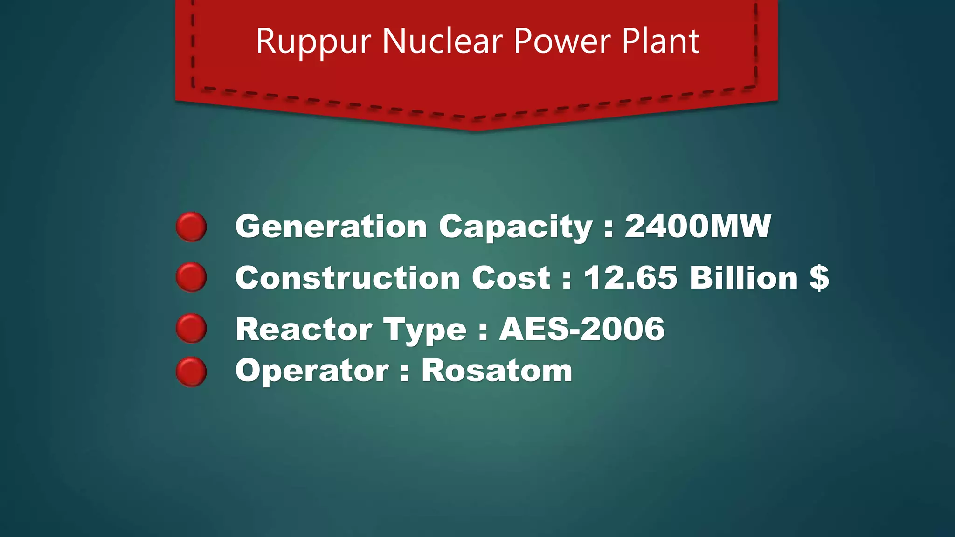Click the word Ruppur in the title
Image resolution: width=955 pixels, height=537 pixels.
(x=313, y=42)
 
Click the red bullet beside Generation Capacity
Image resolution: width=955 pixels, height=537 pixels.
(x=191, y=227)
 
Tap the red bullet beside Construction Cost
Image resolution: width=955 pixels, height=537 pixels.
(x=191, y=277)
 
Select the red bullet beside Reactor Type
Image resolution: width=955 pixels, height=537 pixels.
(x=191, y=329)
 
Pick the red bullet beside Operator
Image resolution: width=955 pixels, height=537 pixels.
(x=191, y=372)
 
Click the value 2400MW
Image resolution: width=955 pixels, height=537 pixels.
(x=698, y=227)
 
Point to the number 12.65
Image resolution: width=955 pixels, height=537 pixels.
(x=630, y=278)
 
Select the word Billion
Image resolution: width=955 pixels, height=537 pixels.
(x=744, y=278)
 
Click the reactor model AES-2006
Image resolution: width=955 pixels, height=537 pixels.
(x=582, y=329)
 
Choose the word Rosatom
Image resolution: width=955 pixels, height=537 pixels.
(x=497, y=371)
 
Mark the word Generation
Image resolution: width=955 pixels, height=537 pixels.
(x=331, y=227)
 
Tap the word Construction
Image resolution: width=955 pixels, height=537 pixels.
(x=347, y=278)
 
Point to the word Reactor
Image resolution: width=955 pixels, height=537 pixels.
(x=304, y=329)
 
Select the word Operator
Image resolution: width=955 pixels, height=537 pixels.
(x=312, y=372)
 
